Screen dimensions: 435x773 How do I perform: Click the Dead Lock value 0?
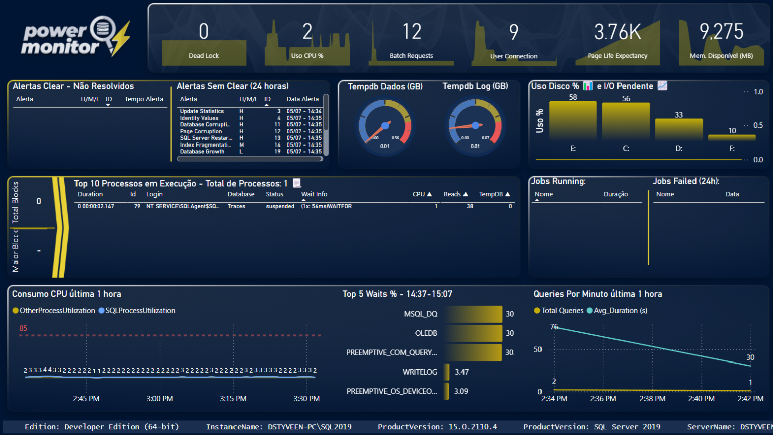pyautogui.click(x=204, y=32)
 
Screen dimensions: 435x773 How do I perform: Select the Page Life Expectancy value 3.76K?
pyautogui.click(x=617, y=32)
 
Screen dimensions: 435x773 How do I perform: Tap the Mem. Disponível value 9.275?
pyautogui.click(x=721, y=32)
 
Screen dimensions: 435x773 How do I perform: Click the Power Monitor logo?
pyautogui.click(x=75, y=38)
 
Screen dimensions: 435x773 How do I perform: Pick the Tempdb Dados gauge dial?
pyautogui.click(x=385, y=126)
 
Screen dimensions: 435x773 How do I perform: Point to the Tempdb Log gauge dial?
pyautogui.click(x=475, y=126)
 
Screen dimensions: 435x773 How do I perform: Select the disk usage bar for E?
pyautogui.click(x=573, y=121)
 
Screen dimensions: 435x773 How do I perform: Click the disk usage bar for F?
pyautogui.click(x=732, y=137)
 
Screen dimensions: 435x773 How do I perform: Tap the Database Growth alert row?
pyautogui.click(x=202, y=152)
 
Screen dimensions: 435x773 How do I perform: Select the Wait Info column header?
pyautogui.click(x=314, y=194)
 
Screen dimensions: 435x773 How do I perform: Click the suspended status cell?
pyautogui.click(x=280, y=206)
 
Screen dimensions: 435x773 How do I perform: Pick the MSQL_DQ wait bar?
pyautogui.click(x=473, y=314)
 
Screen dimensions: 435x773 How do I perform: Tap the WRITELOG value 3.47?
pyautogui.click(x=461, y=372)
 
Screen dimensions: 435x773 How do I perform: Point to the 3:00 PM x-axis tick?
pyautogui.click(x=160, y=399)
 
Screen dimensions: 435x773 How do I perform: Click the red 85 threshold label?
pyautogui.click(x=23, y=328)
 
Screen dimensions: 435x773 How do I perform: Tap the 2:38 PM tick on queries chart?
pyautogui.click(x=652, y=399)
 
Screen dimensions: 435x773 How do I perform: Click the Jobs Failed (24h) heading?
pyautogui.click(x=685, y=181)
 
